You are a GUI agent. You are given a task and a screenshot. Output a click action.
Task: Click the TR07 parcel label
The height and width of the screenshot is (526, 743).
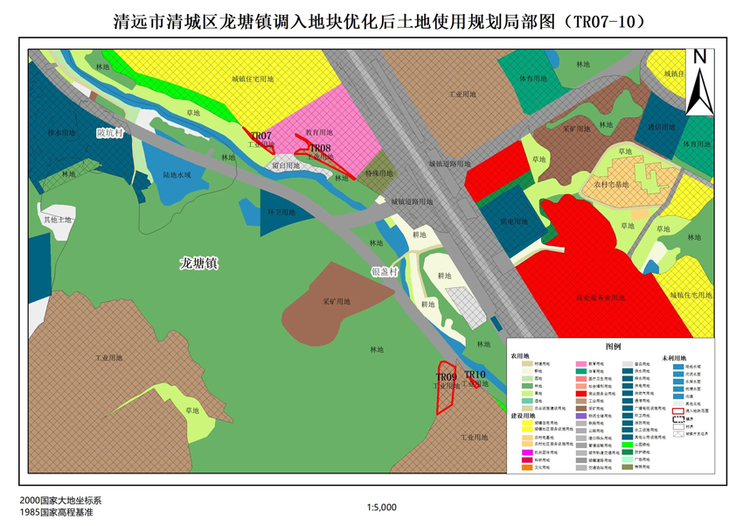click(x=261, y=136)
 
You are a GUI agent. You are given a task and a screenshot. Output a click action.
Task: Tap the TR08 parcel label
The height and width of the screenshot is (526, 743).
click(x=319, y=149)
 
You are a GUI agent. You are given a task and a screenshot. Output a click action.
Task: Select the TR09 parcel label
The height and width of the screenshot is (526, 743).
click(x=447, y=377)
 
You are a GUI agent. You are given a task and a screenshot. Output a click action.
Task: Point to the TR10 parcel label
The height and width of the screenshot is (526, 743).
click(x=475, y=375)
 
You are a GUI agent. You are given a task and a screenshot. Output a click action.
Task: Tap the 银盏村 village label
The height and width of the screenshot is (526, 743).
click(x=385, y=272)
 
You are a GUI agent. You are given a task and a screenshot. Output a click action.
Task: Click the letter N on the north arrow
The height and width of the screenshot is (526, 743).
click(x=699, y=58)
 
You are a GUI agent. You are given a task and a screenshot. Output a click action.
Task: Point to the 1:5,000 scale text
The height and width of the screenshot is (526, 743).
click(x=383, y=507)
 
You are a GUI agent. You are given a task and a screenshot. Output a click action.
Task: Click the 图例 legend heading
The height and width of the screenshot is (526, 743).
click(x=612, y=347)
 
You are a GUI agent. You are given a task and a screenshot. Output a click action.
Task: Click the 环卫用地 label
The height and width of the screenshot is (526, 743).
click(x=281, y=212)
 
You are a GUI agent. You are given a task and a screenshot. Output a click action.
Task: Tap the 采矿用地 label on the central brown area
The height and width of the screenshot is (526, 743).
click(x=337, y=302)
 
